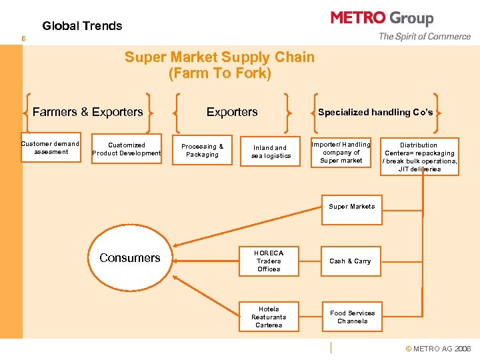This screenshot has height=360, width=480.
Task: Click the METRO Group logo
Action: pos(382,18)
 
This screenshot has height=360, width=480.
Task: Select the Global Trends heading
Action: pos(82,26)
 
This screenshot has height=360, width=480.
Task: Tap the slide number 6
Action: pos(23,39)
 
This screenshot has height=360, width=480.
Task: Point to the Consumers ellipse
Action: pos(130,258)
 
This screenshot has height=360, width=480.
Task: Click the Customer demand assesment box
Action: pos(51,148)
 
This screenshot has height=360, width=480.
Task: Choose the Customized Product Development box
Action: pos(127,149)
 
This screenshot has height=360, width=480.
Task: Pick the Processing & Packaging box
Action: pos(203,151)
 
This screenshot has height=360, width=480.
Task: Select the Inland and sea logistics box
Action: pos(271,152)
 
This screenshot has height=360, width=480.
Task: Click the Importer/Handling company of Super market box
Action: pos(341,153)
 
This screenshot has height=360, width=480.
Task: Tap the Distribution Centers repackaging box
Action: pos(419,157)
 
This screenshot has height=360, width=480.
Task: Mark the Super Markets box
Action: pos(351,207)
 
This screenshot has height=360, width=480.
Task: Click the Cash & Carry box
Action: pos(350,261)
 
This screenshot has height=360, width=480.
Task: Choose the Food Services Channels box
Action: pos(352,317)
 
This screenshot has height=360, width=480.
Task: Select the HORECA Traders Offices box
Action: pos(269,261)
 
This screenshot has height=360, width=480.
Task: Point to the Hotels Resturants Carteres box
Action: pos(269,317)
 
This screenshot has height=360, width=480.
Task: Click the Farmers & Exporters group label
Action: pos(87,112)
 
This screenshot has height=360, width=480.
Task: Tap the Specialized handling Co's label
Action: pos(375,112)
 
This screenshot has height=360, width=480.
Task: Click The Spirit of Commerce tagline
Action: pos(425,37)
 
